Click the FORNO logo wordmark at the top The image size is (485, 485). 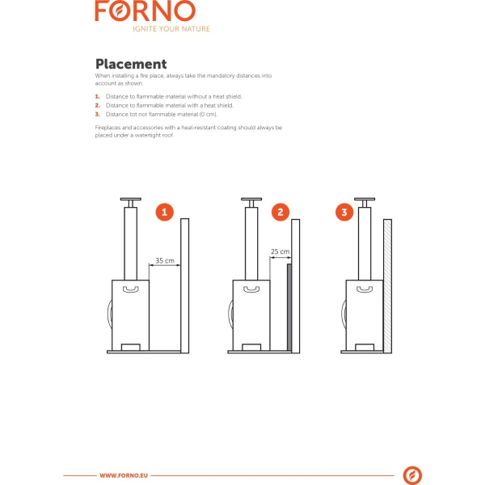[145, 11]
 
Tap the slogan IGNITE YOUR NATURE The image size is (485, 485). [171, 29]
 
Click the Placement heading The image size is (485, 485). [131, 64]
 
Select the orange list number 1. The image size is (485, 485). [98, 96]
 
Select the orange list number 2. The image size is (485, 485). [98, 105]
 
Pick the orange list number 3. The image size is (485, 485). [98, 115]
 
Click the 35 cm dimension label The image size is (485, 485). [165, 260]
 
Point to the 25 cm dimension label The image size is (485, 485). [280, 251]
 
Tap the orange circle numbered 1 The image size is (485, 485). [165, 212]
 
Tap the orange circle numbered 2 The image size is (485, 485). [280, 212]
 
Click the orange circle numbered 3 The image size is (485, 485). [344, 212]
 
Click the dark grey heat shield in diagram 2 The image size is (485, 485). [289, 307]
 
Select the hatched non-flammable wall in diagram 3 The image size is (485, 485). [387, 286]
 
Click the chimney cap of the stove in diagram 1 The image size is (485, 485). [130, 199]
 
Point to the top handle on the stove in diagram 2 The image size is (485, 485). [251, 289]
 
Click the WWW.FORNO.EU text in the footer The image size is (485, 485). [124, 475]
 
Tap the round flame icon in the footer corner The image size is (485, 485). [412, 475]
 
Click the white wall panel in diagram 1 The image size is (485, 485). [184, 286]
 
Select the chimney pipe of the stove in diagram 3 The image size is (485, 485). [365, 244]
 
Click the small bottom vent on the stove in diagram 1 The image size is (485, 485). [130, 347]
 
